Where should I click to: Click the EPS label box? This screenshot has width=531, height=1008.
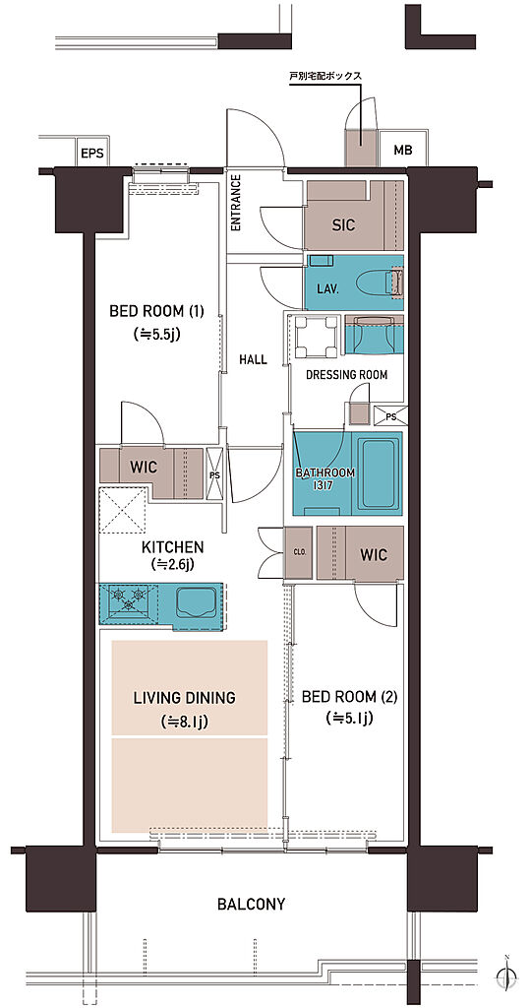pos(91,154)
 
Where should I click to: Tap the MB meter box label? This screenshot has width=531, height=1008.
pos(402,151)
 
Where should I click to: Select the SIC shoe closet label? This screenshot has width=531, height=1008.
pos(343,225)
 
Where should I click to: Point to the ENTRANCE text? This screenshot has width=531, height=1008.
pos(235,203)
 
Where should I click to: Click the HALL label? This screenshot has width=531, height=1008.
pos(253,360)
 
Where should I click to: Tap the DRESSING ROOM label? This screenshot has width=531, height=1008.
pos(347,375)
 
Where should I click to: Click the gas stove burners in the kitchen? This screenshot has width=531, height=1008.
pos(127,598)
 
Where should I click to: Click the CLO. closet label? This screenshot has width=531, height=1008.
pos(300,551)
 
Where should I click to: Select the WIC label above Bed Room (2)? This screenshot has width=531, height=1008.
pos(373,553)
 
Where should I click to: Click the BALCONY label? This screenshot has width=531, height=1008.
pos(251,904)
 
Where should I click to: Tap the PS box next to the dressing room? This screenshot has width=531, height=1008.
pos(389,416)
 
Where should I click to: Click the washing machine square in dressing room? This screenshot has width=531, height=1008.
pos(317,339)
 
